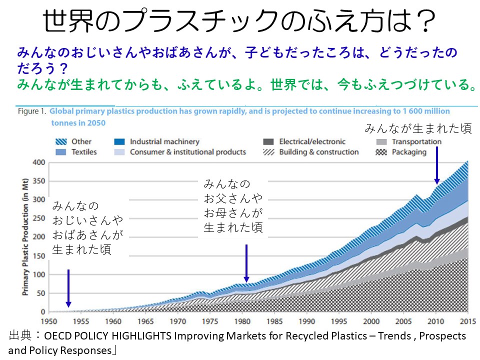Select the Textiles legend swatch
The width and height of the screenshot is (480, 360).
pyautogui.click(x=60, y=152)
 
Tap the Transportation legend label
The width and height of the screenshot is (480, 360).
pyautogui.click(x=416, y=141)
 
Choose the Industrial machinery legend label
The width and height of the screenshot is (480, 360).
pyautogui.click(x=164, y=141)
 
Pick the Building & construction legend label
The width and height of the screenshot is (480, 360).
pyautogui.click(x=318, y=152)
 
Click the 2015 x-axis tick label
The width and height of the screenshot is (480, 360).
pyautogui.click(x=468, y=321)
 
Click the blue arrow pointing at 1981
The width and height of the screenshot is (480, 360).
pyautogui.click(x=246, y=263)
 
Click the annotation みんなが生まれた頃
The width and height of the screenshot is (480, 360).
pyautogui.click(x=418, y=129)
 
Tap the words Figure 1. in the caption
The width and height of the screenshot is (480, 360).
pyautogui.click(x=31, y=111)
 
